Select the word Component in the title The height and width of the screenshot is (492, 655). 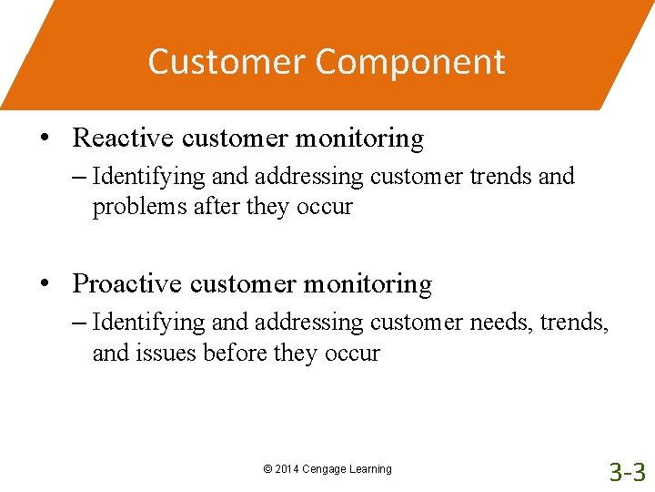click(411, 62)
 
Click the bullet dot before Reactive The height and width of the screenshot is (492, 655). click(44, 138)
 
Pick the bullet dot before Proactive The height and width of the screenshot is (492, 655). click(44, 284)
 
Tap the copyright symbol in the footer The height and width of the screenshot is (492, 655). click(267, 469)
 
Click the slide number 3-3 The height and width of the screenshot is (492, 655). click(627, 471)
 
